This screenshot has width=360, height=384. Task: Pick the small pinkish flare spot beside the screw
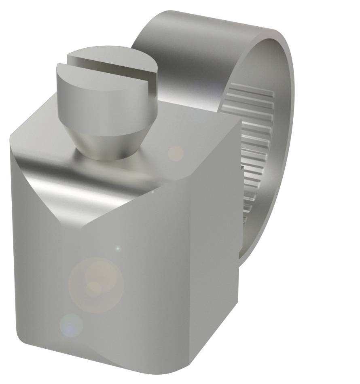pyautogui.click(x=176, y=153)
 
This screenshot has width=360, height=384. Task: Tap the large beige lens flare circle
pyautogui.click(x=96, y=284)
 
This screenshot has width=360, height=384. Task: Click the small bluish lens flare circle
pyautogui.click(x=71, y=325)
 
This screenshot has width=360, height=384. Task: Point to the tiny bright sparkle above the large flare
pyautogui.click(x=118, y=248)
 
